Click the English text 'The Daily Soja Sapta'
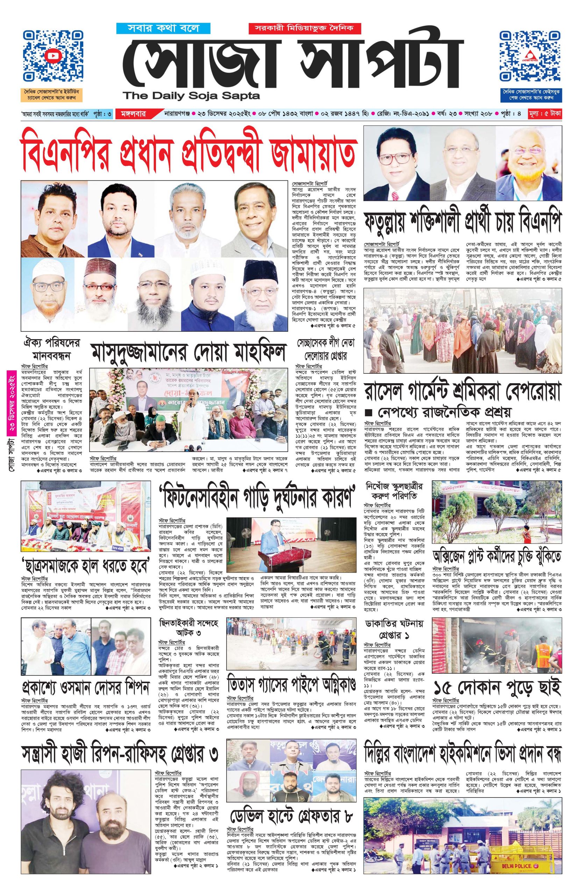point(193,96)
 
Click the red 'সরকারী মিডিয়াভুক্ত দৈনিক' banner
point(304,28)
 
